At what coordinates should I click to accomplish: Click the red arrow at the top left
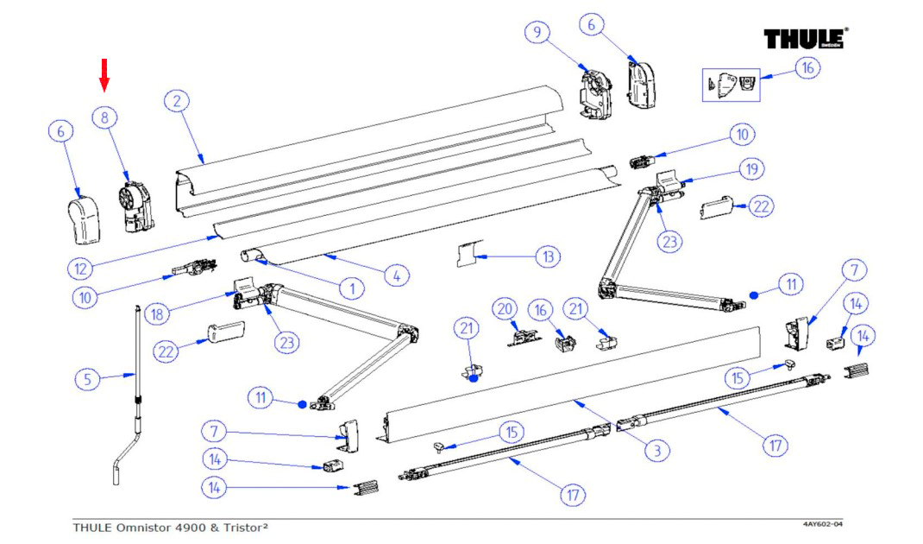point(104,73)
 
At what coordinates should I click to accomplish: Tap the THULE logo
point(805,40)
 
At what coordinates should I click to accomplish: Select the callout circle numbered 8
point(104,118)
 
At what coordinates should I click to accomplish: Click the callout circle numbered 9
point(537,34)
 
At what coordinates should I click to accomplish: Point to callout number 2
point(176,102)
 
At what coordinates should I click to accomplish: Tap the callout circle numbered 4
point(395,277)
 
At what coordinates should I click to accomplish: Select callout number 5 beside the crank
point(86,379)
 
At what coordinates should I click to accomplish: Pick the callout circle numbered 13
point(547,256)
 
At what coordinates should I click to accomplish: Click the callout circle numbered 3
point(656,450)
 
